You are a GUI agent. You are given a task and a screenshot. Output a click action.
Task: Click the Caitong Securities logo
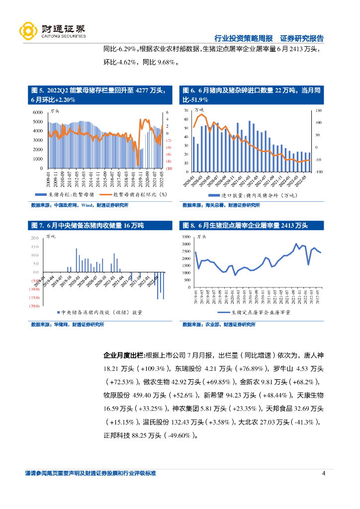click(52, 31)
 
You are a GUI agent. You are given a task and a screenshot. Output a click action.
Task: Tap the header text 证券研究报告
click(302, 38)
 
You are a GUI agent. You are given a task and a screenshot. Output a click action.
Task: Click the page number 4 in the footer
click(323, 473)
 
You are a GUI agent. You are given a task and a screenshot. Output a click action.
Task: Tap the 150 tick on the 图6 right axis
click(319, 110)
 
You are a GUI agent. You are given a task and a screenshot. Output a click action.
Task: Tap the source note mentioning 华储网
click(67, 325)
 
